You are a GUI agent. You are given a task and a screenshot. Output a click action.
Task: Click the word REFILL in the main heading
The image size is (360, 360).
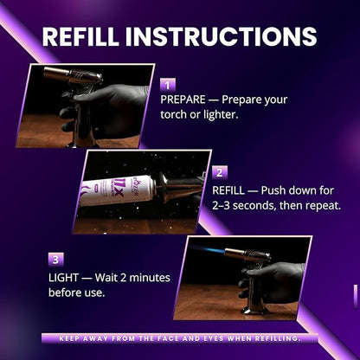pyautogui.click(x=80, y=36)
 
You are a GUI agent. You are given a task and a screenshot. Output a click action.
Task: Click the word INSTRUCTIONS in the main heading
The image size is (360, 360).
pyautogui.click(x=221, y=36)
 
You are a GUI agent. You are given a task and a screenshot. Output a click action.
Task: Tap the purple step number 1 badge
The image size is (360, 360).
pyautogui.click(x=168, y=85)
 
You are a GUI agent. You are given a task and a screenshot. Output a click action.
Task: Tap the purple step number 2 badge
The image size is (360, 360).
pyautogui.click(x=220, y=172)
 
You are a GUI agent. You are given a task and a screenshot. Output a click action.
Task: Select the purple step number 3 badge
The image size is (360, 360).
pyautogui.click(x=55, y=260)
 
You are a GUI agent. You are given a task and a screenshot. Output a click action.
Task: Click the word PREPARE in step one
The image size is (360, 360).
pyautogui.click(x=183, y=100)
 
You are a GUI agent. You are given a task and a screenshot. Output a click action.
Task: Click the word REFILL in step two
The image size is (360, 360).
pyautogui.click(x=228, y=190)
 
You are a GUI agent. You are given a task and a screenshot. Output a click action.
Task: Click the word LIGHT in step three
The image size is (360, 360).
pyautogui.click(x=63, y=278)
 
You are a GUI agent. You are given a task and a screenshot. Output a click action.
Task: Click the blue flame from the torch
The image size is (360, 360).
pyautogui.click(x=207, y=249)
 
